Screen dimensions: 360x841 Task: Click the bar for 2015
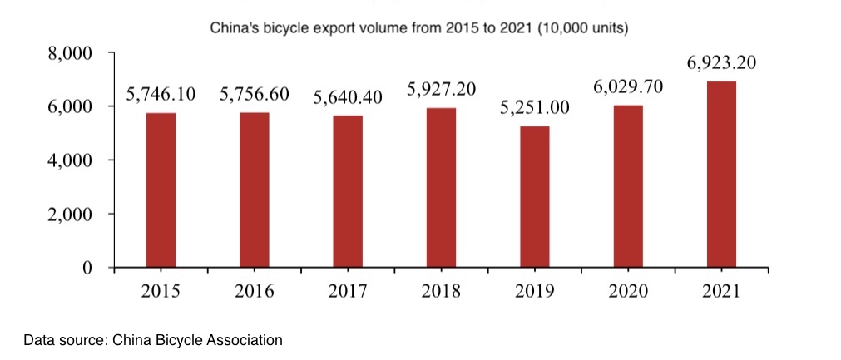pos(161,190)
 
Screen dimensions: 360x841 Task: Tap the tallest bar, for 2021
pos(721,175)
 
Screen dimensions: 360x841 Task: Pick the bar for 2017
pos(348,192)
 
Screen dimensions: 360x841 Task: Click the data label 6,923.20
pos(721,63)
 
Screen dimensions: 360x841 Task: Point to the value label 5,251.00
pos(535,108)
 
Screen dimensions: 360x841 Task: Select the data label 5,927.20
pos(441,90)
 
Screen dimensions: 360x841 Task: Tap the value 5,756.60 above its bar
pos(255,94)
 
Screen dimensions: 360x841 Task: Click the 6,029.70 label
pos(628,87)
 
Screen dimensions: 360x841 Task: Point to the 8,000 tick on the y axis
pos(71,54)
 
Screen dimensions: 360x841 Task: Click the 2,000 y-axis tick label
pos(71,215)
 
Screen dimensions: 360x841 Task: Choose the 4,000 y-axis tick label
pos(71,160)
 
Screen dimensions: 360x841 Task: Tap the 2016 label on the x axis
pos(255,292)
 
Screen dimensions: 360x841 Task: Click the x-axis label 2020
pos(628,292)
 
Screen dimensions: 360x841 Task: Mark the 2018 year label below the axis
pos(441,292)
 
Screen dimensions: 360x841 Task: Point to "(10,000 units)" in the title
pos(582,29)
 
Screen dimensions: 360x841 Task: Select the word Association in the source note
pos(248,340)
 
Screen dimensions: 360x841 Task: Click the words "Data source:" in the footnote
pos(65,340)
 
